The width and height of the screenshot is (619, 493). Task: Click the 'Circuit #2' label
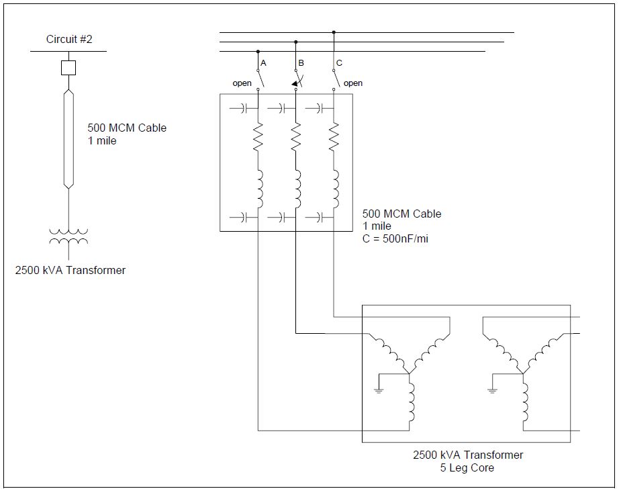coord(68,39)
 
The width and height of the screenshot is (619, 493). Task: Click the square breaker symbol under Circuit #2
coord(68,67)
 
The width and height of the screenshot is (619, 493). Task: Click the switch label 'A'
coord(263,62)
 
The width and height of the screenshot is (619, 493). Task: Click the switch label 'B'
coord(301,62)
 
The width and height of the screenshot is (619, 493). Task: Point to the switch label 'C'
coord(339,62)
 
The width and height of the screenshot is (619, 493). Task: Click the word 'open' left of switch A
coord(242,83)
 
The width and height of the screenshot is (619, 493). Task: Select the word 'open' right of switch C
coord(353,83)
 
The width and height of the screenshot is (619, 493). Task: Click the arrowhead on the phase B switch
coord(294,84)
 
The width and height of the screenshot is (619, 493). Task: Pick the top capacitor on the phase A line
coord(243,107)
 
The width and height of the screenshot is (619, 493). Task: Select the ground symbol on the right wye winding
coord(492,390)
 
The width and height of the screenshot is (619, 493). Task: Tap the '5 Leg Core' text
coord(467,467)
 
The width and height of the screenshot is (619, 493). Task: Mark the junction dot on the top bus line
coord(334,32)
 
